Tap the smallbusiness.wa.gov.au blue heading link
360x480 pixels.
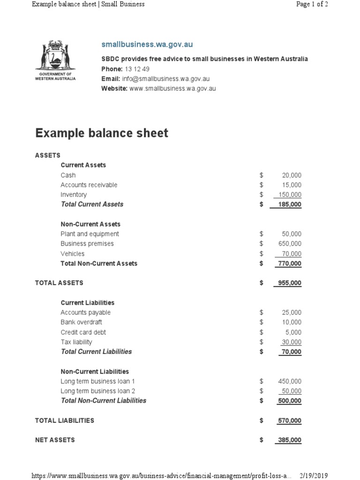point(147,45)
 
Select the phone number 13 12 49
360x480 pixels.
point(137,69)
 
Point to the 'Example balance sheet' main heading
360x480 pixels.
point(102,133)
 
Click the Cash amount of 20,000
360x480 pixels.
point(292,175)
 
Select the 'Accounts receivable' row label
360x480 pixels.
point(89,185)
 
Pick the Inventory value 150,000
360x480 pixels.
point(290,195)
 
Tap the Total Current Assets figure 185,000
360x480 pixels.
point(290,205)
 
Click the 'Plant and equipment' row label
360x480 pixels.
point(90,234)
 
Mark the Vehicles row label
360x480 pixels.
point(73,254)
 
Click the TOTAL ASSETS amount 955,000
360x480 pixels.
point(290,283)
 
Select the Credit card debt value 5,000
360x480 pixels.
point(293,332)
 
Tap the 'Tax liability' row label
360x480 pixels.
point(76,342)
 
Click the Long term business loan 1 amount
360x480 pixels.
point(290,382)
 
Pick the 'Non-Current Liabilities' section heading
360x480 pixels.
point(95,372)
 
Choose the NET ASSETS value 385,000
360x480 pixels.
point(290,441)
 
